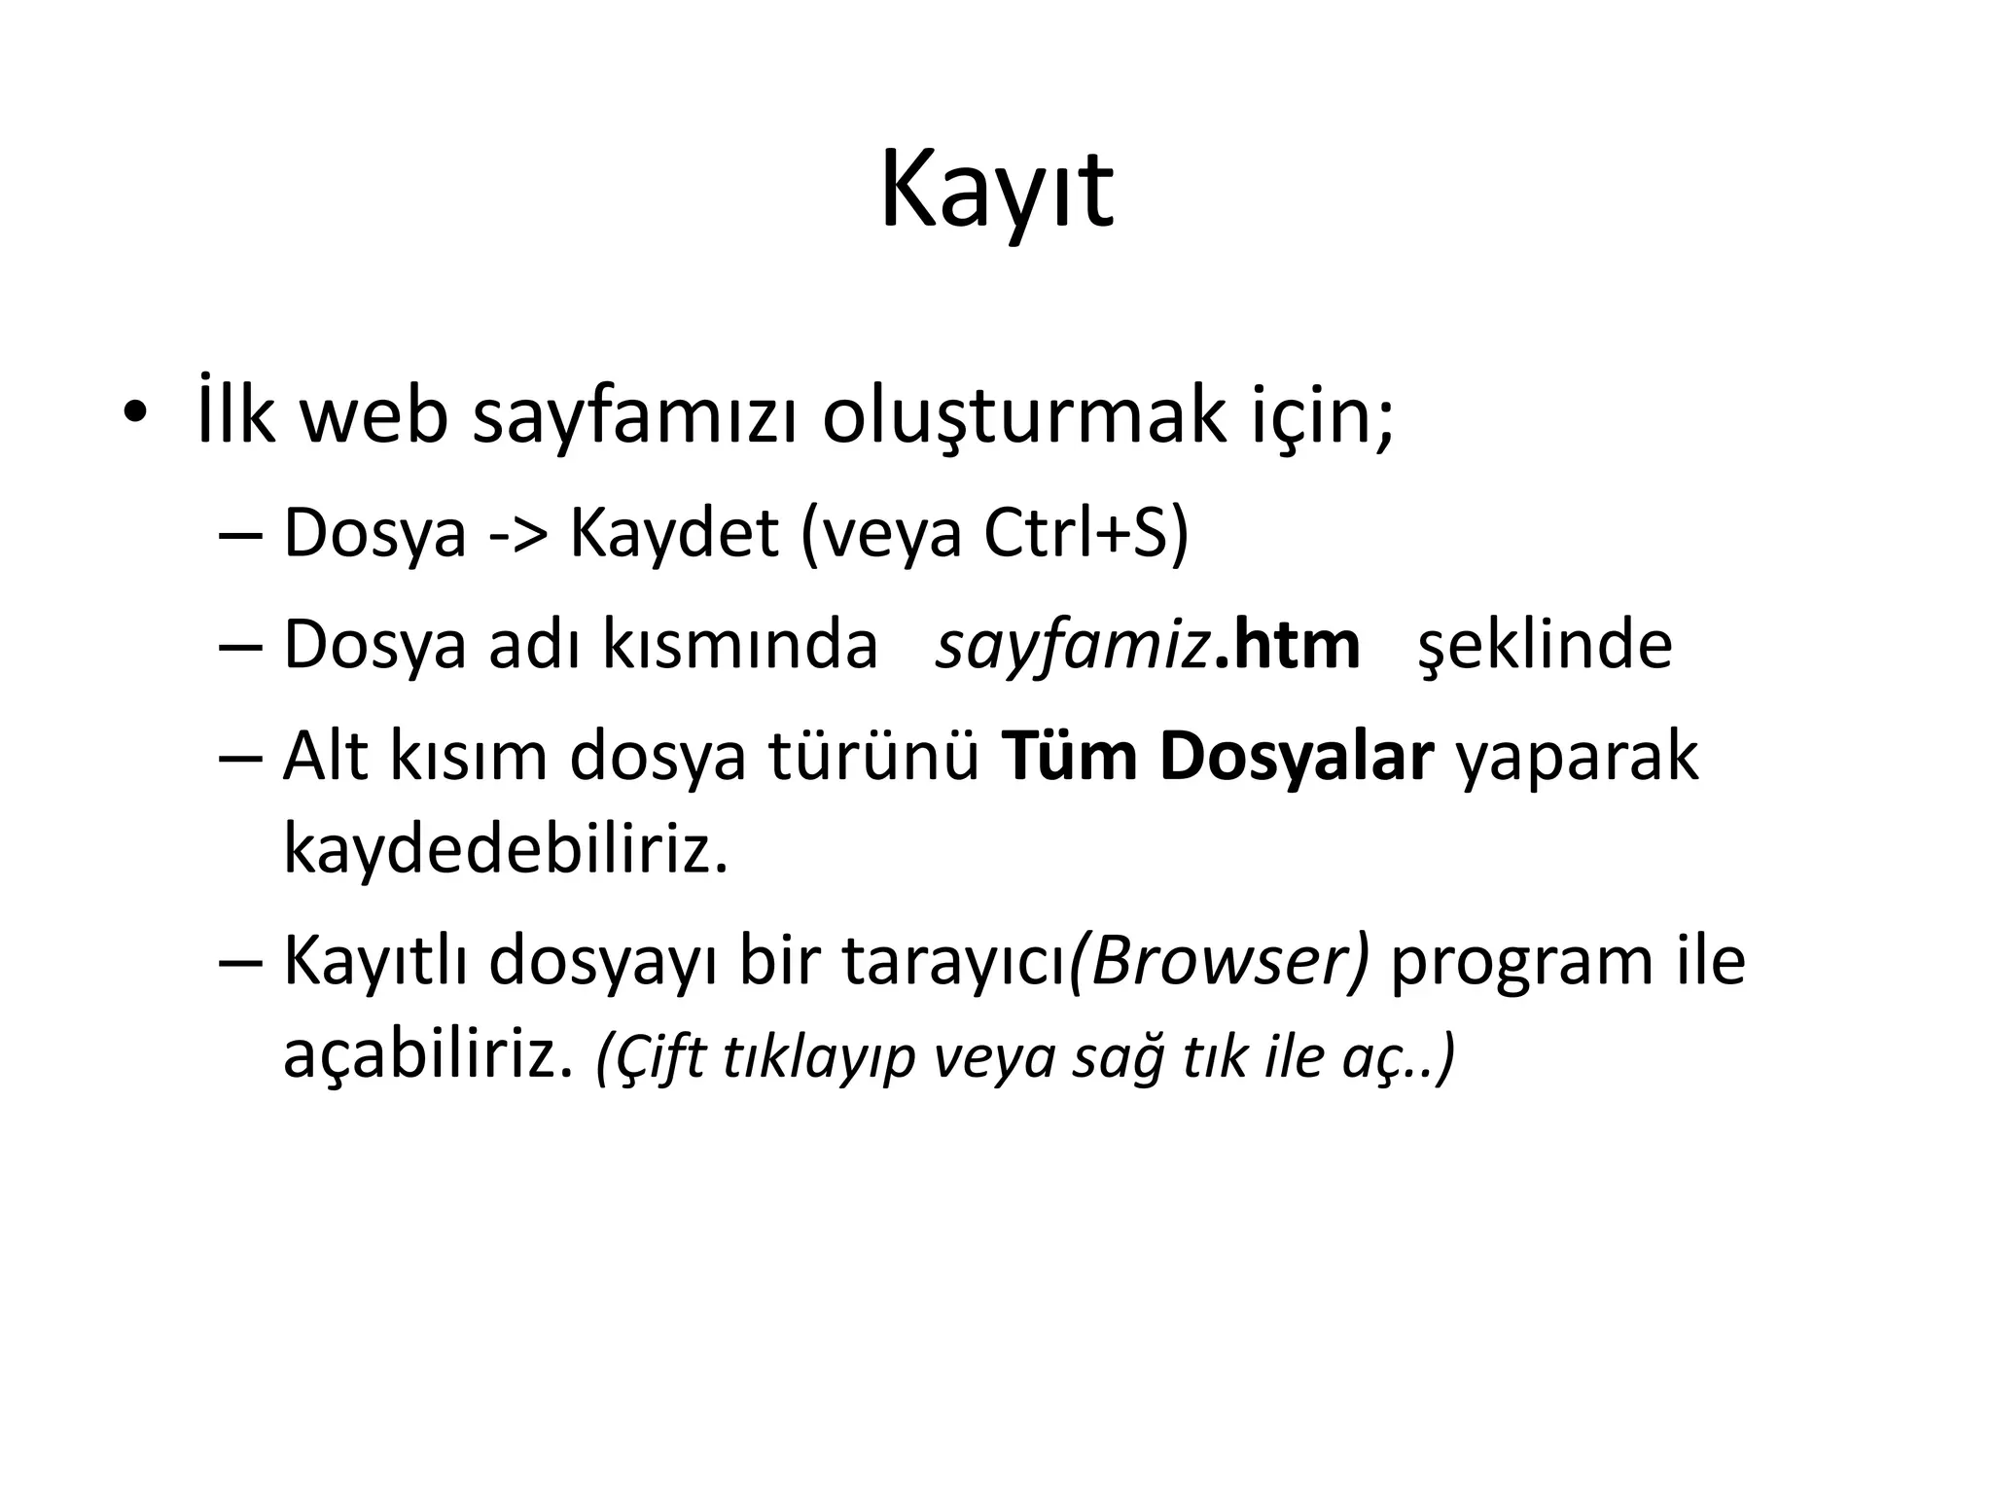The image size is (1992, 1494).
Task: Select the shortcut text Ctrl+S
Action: (1075, 533)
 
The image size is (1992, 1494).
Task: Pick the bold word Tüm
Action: (1070, 757)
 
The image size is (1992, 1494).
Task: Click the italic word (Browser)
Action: (1219, 961)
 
